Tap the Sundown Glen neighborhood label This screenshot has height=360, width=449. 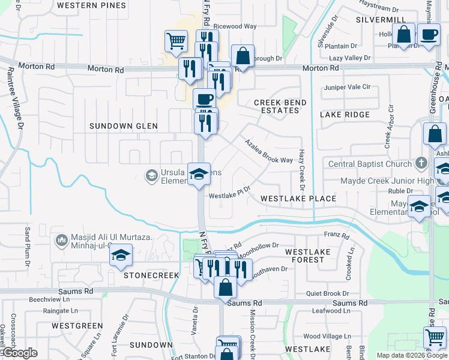[x=123, y=126]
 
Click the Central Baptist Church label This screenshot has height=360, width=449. [x=370, y=164]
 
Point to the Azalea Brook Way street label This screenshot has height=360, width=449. [x=268, y=151]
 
